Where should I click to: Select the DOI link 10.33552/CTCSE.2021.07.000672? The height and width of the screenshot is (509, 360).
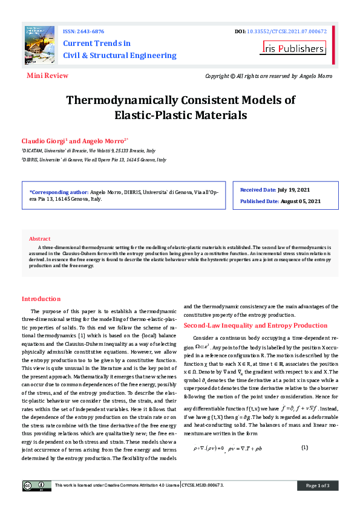[287, 31]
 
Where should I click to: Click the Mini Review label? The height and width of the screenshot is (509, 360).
[47, 76]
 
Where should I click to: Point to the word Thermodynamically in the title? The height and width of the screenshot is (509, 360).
[131, 100]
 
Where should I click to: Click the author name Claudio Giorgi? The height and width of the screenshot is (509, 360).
[44, 140]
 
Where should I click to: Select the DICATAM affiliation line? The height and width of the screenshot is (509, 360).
[88, 150]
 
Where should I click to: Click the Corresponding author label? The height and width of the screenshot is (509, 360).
[59, 192]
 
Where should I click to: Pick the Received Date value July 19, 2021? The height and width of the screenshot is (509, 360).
[299, 190]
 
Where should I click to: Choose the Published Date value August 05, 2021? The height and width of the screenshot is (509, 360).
[301, 201]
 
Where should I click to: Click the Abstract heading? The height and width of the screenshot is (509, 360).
[40, 239]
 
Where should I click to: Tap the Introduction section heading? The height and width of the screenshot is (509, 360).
[41, 299]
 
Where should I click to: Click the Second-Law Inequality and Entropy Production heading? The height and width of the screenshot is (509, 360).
[255, 325]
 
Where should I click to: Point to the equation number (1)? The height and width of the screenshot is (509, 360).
[304, 447]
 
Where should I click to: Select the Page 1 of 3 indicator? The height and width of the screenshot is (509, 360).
[317, 485]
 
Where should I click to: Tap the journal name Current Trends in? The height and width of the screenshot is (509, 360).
[97, 44]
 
